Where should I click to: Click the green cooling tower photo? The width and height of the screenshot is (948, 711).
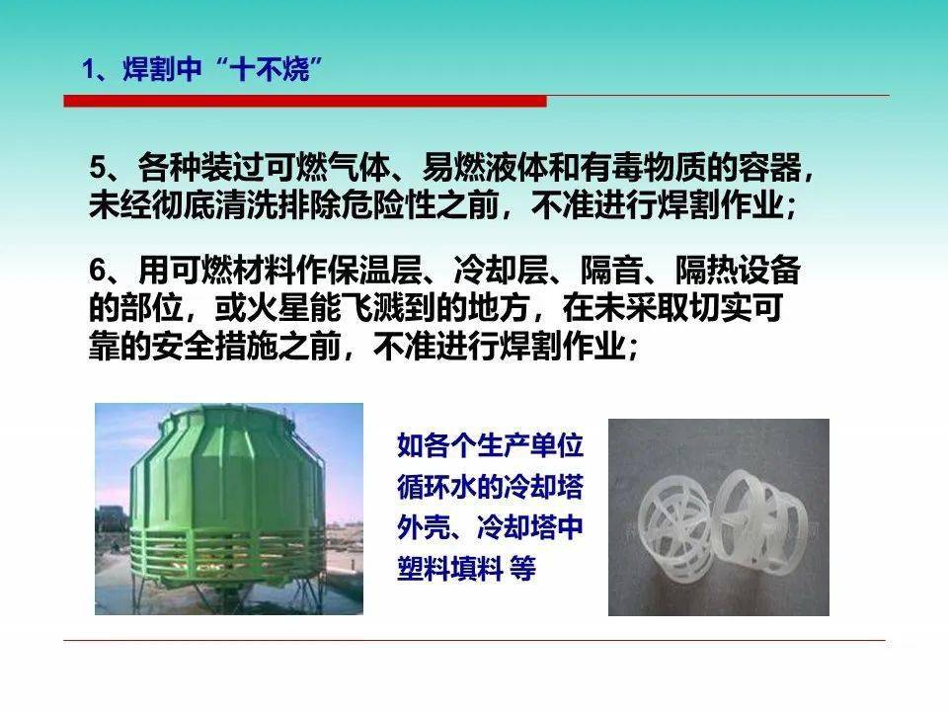[229, 509]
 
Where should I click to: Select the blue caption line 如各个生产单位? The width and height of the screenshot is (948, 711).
[490, 446]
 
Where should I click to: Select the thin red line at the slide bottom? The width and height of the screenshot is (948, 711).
[474, 641]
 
